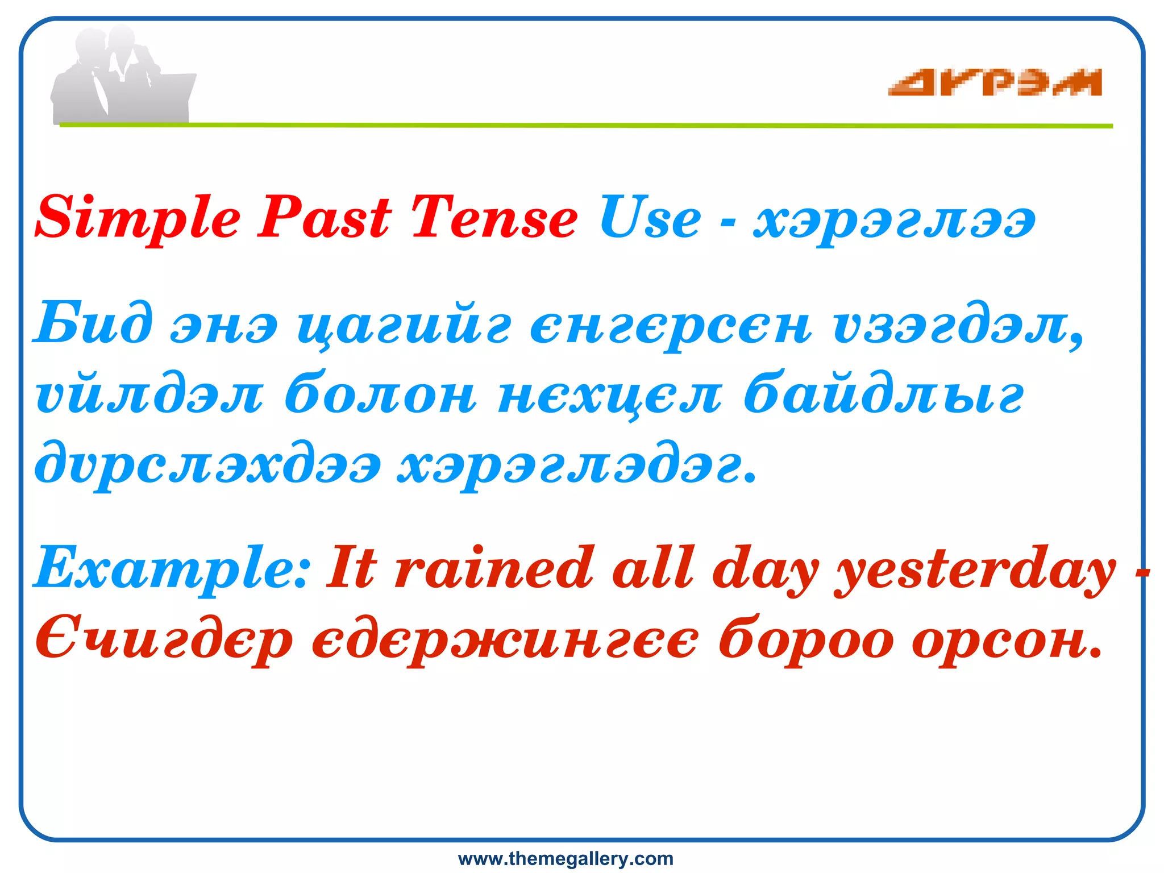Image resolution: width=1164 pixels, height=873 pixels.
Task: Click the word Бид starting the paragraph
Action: tap(94, 324)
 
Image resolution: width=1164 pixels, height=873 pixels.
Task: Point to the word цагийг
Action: tap(404, 327)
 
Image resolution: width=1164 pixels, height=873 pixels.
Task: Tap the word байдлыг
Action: tap(884, 394)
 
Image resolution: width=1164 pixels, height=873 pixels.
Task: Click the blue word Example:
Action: tap(172, 568)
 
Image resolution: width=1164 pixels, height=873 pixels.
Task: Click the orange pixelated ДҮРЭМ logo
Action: tap(995, 83)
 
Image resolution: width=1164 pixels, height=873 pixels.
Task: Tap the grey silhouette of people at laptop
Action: tap(122, 77)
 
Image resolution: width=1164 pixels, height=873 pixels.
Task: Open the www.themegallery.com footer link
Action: tap(566, 858)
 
